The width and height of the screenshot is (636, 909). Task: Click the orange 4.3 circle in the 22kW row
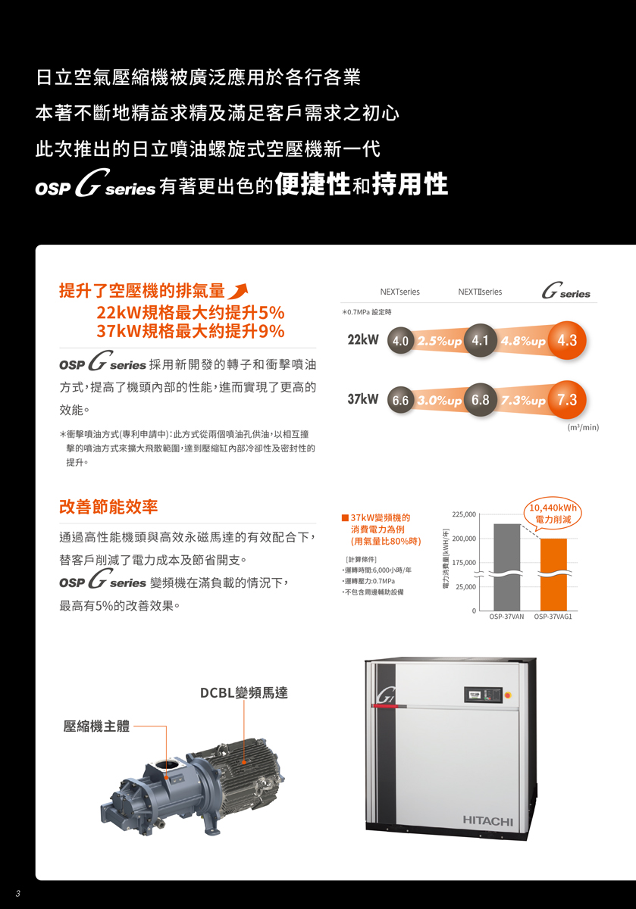tap(566, 340)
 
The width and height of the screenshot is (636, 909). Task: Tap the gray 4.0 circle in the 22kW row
tap(400, 341)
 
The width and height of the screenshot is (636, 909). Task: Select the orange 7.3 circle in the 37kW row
tap(566, 400)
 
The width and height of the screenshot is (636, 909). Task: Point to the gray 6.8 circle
tap(480, 400)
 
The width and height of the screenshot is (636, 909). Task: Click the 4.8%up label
tap(523, 341)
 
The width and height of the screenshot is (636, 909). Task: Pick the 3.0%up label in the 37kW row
tap(440, 401)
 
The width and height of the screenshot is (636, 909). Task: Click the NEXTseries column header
tap(399, 292)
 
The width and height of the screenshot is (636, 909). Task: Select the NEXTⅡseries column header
tap(480, 292)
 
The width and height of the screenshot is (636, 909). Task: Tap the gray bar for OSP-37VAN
tap(506, 567)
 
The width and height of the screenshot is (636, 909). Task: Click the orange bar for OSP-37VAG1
tap(553, 574)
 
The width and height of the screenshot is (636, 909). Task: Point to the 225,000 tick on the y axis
tap(464, 514)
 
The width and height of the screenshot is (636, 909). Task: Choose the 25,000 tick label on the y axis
tap(465, 587)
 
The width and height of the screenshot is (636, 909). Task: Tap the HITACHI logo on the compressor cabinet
tap(487, 821)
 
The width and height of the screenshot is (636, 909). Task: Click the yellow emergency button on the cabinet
tap(508, 695)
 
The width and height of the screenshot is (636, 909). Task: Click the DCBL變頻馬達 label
tap(243, 692)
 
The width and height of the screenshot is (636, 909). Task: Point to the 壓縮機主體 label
tap(96, 726)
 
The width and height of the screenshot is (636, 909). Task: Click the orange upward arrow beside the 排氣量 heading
tap(238, 291)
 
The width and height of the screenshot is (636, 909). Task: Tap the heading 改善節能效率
tap(108, 507)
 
